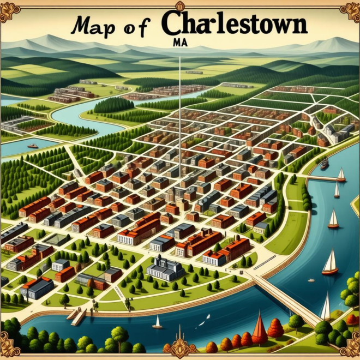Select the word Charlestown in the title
(x=233, y=23)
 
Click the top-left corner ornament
(x=9, y=9)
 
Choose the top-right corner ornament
(x=350, y=9)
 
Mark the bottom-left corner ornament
(x=9, y=350)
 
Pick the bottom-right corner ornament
(x=350, y=350)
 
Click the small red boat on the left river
(x=33, y=146)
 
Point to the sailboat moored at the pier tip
(x=341, y=175)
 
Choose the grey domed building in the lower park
(x=166, y=267)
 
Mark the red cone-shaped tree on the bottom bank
(x=260, y=327)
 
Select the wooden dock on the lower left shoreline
(x=77, y=316)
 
